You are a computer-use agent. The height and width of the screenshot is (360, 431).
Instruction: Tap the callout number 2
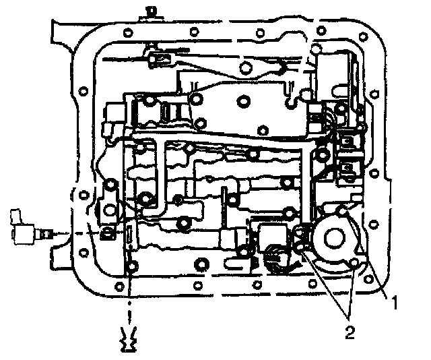click(350, 331)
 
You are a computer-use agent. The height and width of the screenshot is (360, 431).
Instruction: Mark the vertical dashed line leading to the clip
click(127, 297)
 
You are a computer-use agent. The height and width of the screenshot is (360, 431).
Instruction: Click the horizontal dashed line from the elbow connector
click(74, 233)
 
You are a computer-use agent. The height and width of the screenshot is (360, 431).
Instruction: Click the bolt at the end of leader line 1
click(344, 212)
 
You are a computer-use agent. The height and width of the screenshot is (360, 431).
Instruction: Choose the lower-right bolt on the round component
click(354, 264)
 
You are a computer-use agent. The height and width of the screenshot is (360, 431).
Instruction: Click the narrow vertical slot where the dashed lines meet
click(127, 237)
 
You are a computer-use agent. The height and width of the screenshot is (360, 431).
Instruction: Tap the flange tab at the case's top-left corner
click(64, 30)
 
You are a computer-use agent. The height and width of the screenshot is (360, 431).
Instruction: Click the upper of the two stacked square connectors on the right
click(348, 142)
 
